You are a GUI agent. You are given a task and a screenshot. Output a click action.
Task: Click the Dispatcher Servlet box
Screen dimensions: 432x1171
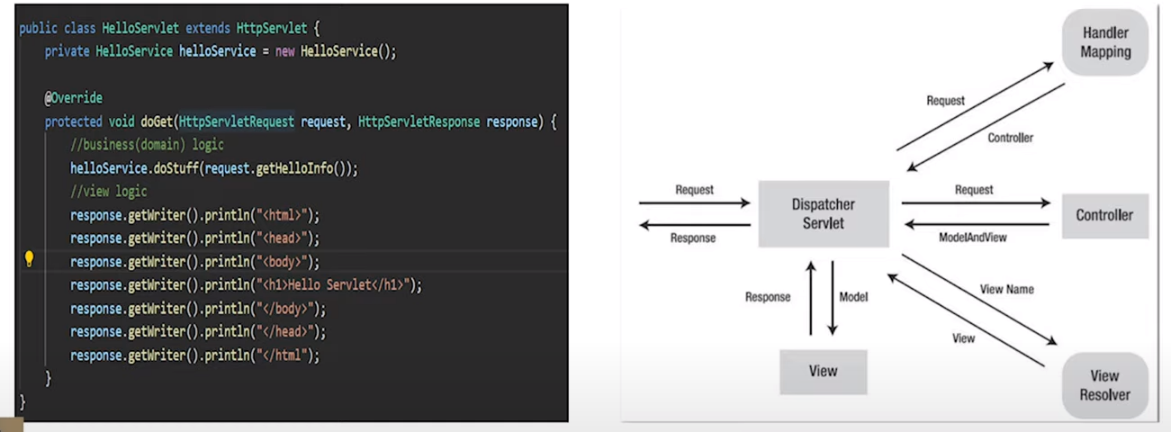823,213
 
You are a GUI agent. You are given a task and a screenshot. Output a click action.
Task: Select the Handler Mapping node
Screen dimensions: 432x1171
1105,42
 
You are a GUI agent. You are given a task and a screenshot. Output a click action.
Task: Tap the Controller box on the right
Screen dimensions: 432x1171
1104,215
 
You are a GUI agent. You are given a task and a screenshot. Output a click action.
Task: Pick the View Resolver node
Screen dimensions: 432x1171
1104,384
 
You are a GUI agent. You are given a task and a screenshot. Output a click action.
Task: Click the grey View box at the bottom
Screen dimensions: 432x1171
823,371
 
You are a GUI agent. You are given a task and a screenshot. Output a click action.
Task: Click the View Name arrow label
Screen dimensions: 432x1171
1006,290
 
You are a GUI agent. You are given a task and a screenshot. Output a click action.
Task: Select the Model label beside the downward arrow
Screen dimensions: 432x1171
853,297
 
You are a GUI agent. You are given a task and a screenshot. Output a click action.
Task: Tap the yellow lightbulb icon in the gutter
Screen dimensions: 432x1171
29,260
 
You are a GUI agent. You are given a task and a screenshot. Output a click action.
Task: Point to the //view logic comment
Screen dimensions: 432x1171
108,191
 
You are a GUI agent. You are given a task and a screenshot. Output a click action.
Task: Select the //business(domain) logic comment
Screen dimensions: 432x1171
147,144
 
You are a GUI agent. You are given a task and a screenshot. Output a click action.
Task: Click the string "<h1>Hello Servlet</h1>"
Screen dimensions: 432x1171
335,285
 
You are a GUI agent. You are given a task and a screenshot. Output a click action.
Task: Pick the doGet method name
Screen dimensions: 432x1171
158,121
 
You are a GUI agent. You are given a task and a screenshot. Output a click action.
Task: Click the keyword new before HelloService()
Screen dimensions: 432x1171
284,51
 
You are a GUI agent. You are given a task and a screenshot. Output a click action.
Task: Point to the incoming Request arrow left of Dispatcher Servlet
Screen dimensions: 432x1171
694,203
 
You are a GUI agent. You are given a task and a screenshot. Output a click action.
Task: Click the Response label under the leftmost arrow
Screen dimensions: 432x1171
693,238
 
